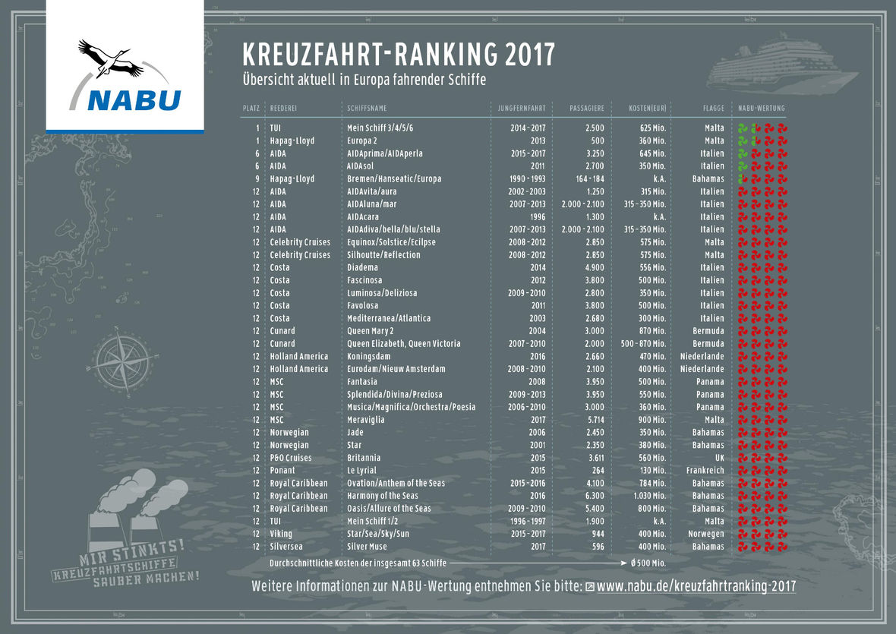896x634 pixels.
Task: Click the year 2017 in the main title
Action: pos(530,55)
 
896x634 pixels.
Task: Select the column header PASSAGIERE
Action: pos(587,109)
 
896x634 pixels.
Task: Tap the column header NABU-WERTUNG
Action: pos(762,109)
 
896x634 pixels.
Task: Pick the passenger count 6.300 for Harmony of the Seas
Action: pos(593,496)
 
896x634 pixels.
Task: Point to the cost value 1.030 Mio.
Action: pos(648,496)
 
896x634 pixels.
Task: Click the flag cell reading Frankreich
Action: pos(704,471)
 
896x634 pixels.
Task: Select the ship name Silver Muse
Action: pos(368,547)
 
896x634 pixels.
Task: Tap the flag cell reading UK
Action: pos(719,458)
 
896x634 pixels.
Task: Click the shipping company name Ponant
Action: pos(282,471)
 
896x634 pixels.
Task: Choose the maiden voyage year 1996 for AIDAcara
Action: pos(537,216)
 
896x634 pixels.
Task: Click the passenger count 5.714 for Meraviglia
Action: pos(593,420)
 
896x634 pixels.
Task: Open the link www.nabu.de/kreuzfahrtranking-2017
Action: pos(696,587)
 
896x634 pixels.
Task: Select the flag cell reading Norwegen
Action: pos(705,534)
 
